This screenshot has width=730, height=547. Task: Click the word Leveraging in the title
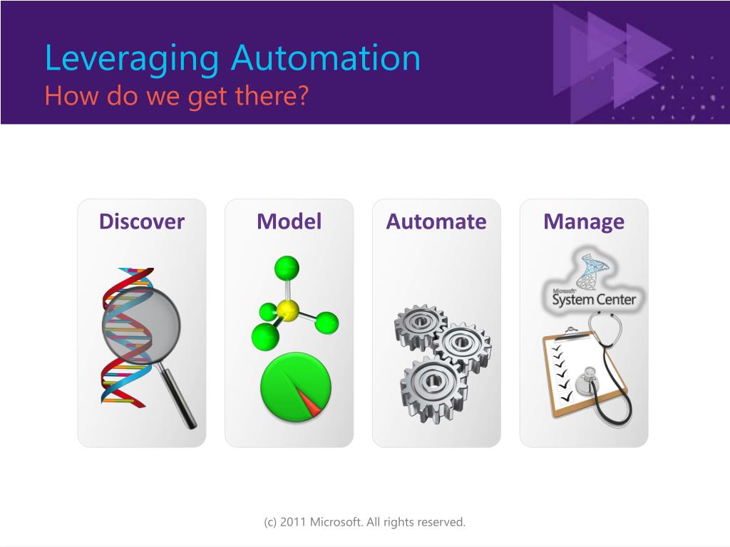(132, 60)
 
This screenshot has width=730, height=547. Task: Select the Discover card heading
(142, 222)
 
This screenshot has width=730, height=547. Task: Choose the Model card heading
(289, 222)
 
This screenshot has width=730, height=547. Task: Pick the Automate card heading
(436, 222)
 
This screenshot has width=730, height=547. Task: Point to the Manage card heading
(584, 222)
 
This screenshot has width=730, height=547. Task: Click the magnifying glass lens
(141, 325)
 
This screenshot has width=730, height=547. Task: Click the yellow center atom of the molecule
(288, 311)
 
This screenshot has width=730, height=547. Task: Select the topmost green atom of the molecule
(287, 268)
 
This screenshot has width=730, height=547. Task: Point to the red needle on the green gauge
(308, 402)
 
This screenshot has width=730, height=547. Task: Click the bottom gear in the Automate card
(433, 387)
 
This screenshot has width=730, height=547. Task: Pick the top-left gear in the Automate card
(420, 326)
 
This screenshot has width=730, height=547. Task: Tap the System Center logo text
(594, 299)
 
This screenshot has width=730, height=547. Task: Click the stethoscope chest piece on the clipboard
(587, 381)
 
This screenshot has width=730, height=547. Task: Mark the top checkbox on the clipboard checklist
(556, 348)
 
